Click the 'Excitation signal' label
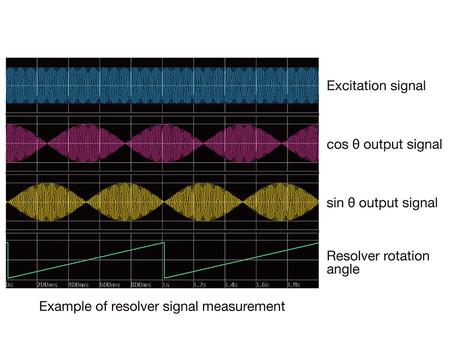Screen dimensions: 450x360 [376, 86]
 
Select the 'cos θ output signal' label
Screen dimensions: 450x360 [384, 144]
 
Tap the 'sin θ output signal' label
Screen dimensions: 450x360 [382, 202]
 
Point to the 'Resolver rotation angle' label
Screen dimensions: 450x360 [378, 262]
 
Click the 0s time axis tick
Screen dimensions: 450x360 [10, 285]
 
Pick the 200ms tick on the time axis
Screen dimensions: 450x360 [47, 285]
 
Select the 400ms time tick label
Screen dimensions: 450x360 [79, 285]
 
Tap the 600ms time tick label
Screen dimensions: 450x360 [110, 285]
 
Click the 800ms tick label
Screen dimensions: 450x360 [141, 285]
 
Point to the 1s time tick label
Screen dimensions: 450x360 [166, 285]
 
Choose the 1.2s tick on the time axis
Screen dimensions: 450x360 [200, 285]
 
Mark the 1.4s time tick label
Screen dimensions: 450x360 [231, 285]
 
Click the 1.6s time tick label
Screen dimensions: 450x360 [263, 285]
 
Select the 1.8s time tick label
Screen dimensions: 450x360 [294, 285]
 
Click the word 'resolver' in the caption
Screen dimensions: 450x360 [135, 307]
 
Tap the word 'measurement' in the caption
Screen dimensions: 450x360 [244, 307]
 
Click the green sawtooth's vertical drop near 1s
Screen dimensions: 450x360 [164, 260]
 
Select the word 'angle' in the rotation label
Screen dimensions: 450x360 [343, 270]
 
